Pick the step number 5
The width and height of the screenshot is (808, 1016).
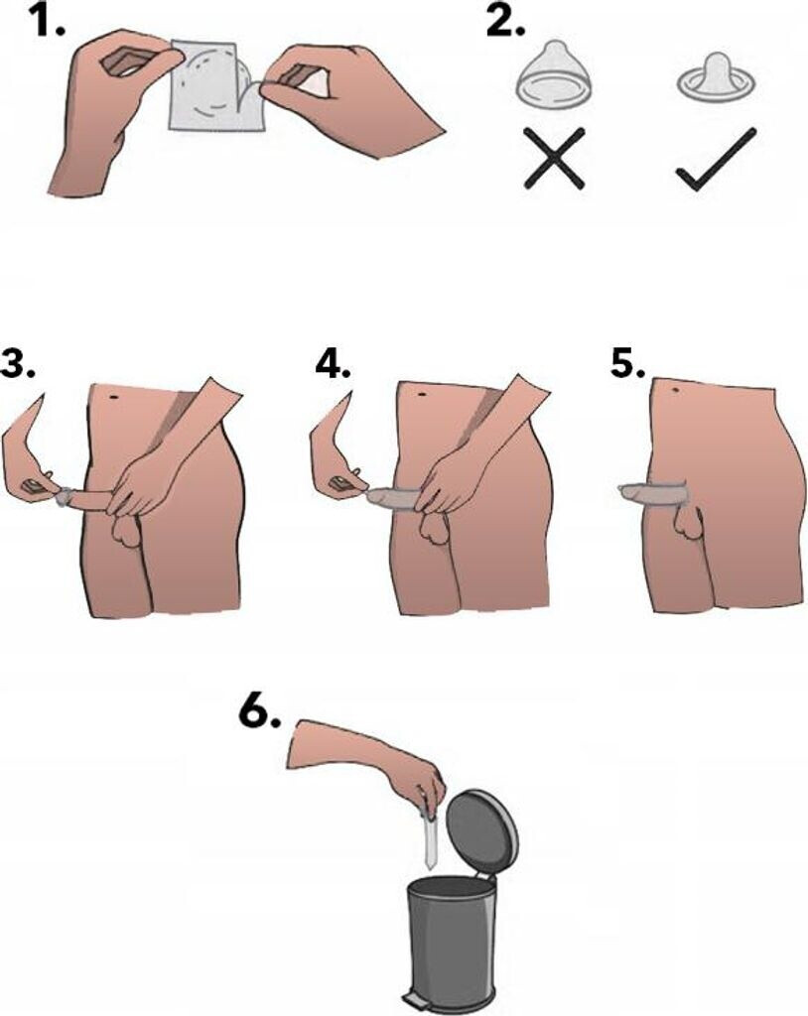pyautogui.click(x=627, y=363)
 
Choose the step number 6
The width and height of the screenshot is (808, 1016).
pyautogui.click(x=260, y=714)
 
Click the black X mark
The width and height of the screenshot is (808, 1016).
pyautogui.click(x=555, y=159)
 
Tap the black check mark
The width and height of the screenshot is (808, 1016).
pyautogui.click(x=716, y=160)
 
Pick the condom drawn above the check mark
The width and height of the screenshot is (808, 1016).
pyautogui.click(x=716, y=76)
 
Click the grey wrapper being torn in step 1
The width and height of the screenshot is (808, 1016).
pyautogui.click(x=217, y=85)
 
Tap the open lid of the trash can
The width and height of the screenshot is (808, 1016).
pyautogui.click(x=483, y=830)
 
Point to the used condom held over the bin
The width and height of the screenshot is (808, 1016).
pyautogui.click(x=430, y=836)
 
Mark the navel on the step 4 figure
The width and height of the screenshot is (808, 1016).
pyautogui.click(x=422, y=393)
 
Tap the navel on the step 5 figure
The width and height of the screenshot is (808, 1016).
pyautogui.click(x=676, y=389)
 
